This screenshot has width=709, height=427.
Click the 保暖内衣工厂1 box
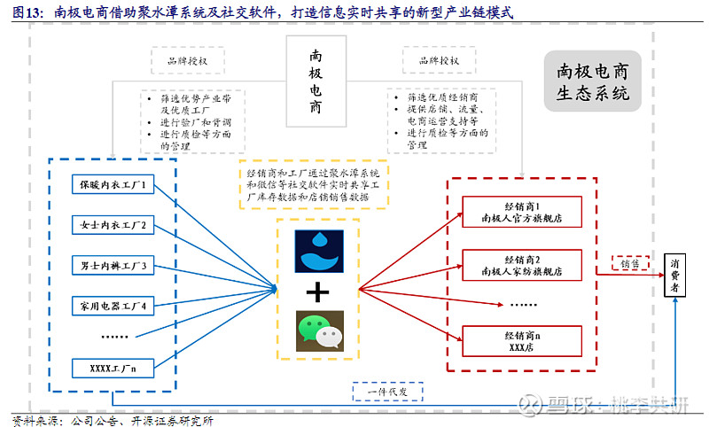point(113,185)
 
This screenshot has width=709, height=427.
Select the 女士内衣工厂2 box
point(113,225)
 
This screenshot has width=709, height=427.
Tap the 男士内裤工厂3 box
point(113,265)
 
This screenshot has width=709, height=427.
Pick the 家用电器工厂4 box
point(113,306)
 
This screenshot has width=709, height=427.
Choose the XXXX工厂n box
point(113,368)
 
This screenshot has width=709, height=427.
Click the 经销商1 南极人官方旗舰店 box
point(522,211)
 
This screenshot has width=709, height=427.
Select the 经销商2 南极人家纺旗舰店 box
point(522,266)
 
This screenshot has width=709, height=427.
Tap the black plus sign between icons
point(317,291)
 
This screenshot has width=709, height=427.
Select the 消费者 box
point(675,276)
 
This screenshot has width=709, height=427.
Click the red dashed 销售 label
point(630,263)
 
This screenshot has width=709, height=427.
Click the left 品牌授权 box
point(188,60)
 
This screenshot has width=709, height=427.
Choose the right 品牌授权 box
point(443,60)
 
